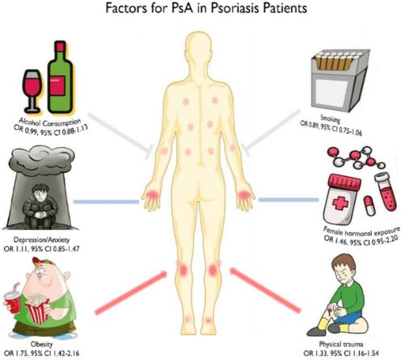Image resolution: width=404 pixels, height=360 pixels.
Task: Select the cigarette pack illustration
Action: click(x=340, y=80)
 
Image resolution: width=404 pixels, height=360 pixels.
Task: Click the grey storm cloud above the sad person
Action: click(x=42, y=159)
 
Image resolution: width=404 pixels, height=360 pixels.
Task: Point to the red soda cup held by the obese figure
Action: click(x=12, y=300)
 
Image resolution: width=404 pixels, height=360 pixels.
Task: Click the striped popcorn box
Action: click(x=37, y=308)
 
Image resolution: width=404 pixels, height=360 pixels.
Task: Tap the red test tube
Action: click(x=386, y=191)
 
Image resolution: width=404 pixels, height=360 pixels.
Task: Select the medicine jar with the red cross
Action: click(x=342, y=199)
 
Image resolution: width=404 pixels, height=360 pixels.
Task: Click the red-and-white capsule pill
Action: click(x=369, y=206)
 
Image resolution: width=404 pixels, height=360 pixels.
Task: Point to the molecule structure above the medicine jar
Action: click(x=356, y=157)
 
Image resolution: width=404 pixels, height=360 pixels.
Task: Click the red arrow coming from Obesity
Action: click(x=131, y=292)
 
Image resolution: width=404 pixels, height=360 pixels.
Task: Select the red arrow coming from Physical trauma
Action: click(x=265, y=290)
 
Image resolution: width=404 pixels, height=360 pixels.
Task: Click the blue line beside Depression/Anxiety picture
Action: click(x=106, y=202)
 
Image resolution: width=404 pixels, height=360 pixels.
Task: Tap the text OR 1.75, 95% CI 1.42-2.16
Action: click(x=42, y=353)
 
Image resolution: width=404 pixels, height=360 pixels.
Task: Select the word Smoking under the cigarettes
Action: click(x=330, y=119)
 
